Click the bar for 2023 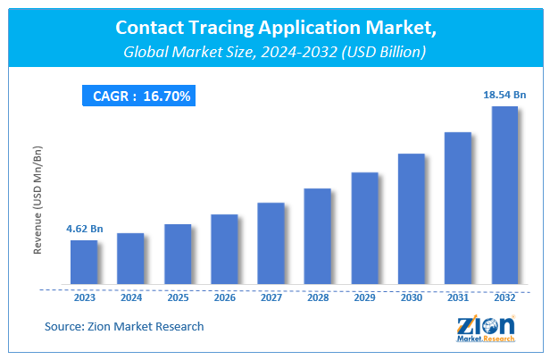tap(84, 264)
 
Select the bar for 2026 tap(224, 251)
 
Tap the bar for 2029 tap(364, 230)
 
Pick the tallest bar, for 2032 tap(504, 197)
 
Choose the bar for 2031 tap(457, 210)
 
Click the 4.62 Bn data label tap(84, 230)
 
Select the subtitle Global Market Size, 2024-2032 tap(274, 53)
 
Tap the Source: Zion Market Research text tap(124, 327)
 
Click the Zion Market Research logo tap(487, 331)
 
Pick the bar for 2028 tap(317, 238)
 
